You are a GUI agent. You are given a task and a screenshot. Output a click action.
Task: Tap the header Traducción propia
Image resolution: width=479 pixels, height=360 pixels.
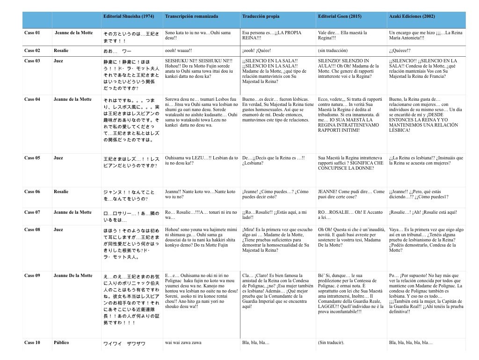point(261,16)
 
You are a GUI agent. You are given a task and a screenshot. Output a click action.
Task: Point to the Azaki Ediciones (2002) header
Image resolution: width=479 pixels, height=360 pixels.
point(412,16)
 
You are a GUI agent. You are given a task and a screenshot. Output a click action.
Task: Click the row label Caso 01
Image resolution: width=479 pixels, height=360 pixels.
point(32,33)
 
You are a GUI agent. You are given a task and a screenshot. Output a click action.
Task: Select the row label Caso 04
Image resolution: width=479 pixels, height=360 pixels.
point(32,99)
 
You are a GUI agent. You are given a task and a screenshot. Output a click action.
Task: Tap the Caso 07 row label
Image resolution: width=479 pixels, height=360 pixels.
point(32,212)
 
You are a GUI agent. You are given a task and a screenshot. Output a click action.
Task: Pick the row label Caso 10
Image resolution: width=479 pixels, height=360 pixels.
point(32,343)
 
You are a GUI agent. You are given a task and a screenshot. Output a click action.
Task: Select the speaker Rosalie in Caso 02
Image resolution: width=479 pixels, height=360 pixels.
point(61,50)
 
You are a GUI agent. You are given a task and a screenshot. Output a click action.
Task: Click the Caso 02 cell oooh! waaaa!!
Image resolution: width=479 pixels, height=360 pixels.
point(181,50)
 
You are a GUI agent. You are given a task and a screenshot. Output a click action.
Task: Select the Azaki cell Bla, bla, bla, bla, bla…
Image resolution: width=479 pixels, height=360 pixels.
point(411,343)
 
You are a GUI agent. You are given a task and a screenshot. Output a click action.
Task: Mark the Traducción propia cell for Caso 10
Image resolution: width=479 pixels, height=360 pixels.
point(256,343)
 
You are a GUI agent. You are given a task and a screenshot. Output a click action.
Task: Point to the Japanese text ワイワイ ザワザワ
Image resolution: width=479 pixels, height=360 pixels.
point(124,344)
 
